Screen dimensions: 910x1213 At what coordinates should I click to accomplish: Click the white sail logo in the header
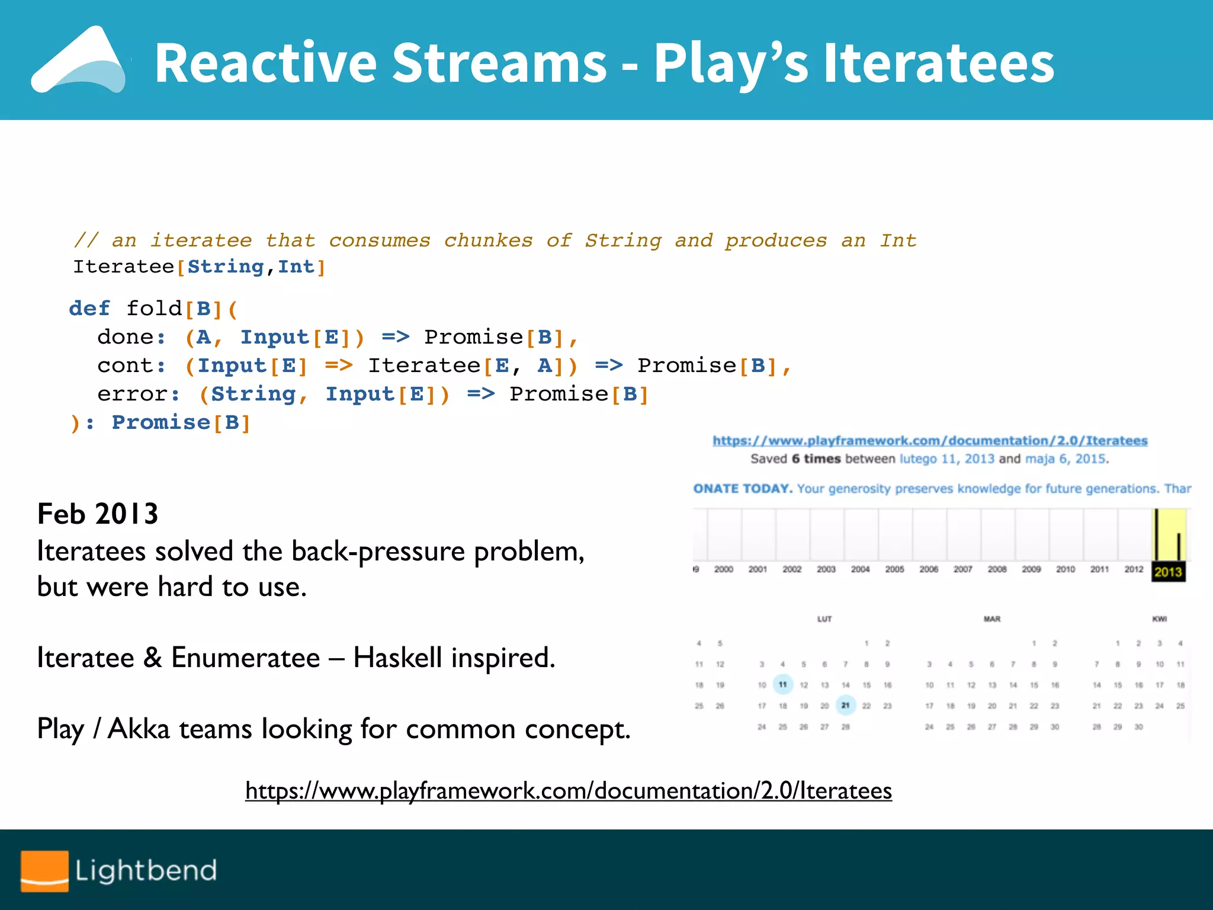pos(80,62)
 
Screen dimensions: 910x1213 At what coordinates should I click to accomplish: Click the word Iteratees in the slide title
pos(938,63)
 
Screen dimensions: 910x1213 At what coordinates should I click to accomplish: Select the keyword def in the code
pos(89,309)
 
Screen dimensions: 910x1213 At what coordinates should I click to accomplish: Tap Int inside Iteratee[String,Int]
pos(296,267)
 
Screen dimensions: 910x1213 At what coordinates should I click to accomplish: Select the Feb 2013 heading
pos(98,514)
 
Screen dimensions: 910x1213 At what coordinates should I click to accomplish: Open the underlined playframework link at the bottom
pos(569,791)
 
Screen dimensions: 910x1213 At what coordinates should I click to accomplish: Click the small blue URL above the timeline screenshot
pos(930,441)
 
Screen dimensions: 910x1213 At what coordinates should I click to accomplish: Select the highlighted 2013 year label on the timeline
pos(1168,572)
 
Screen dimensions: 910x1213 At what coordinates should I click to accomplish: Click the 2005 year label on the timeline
pos(894,569)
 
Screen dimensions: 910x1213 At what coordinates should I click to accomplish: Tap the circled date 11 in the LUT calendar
pos(782,685)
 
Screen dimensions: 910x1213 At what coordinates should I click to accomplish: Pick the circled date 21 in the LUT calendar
pos(845,706)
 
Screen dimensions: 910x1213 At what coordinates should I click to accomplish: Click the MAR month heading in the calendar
pos(991,619)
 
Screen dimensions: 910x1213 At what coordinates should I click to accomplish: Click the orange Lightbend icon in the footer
pos(44,871)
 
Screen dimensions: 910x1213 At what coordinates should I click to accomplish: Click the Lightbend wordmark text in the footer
pos(146,871)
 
